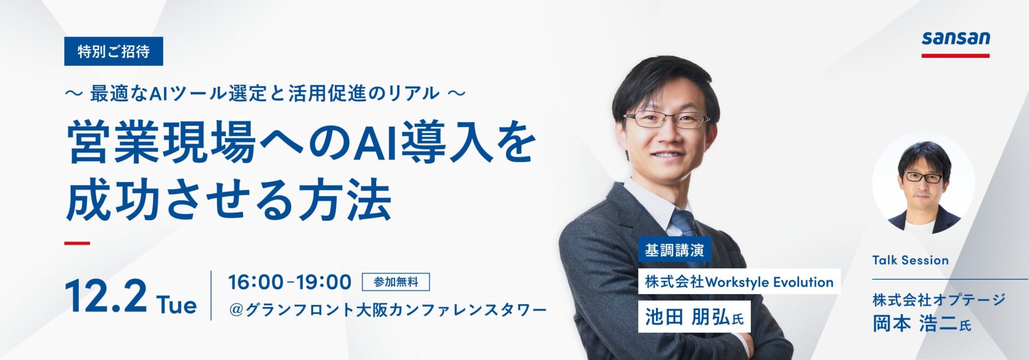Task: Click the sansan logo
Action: (x=956, y=39)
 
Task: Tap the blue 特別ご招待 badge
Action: (x=114, y=51)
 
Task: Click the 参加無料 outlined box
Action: (x=396, y=282)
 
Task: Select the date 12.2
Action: (x=106, y=297)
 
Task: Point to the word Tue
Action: (x=177, y=305)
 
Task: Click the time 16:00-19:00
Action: (x=290, y=282)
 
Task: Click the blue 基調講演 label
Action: (x=674, y=250)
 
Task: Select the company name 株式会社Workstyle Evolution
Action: (x=739, y=282)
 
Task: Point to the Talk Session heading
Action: (x=910, y=260)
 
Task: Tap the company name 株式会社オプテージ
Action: (x=938, y=300)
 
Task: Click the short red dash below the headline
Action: (x=77, y=243)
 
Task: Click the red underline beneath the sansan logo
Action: (x=956, y=55)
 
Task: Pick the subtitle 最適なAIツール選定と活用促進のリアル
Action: (x=265, y=94)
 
